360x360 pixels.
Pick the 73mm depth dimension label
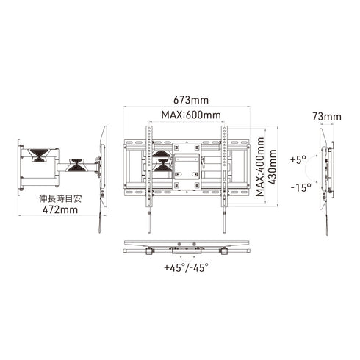click(x=326, y=116)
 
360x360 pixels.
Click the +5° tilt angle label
click(x=298, y=159)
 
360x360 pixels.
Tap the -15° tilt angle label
click(x=300, y=187)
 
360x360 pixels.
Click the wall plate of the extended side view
click(x=17, y=158)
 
